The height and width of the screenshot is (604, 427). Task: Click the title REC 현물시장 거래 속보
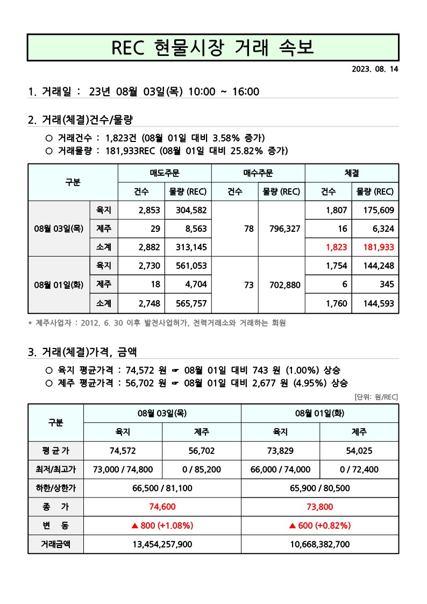(213, 47)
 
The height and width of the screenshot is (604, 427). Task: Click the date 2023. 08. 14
(375, 69)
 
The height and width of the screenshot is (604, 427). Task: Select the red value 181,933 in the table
(375, 247)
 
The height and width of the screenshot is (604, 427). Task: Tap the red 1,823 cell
(336, 247)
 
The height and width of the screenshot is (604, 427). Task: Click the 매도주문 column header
(165, 173)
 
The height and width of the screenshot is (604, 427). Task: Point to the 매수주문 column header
(258, 173)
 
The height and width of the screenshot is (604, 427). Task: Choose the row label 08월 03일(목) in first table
(58, 229)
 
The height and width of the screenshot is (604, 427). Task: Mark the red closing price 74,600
(162, 506)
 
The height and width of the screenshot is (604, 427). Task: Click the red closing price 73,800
(319, 506)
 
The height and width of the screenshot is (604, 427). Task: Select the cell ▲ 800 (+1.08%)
(162, 525)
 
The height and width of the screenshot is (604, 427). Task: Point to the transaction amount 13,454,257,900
(162, 544)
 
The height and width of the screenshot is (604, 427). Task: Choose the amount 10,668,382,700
(319, 544)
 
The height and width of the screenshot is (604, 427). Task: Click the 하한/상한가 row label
(55, 488)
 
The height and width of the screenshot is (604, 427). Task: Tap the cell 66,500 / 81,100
(162, 488)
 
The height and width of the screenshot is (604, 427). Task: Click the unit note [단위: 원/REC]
(376, 397)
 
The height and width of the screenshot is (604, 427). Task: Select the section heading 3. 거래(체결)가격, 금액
(82, 352)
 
